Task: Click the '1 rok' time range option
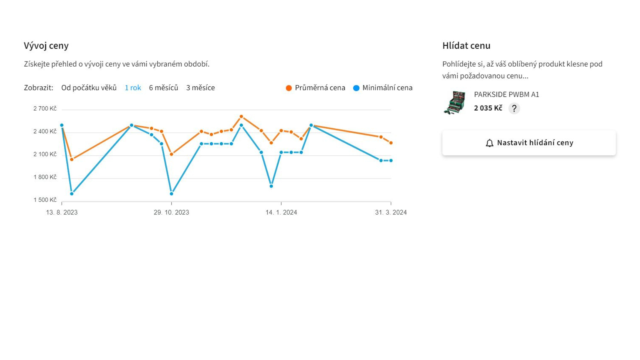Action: (x=133, y=88)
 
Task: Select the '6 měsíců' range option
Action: (x=163, y=88)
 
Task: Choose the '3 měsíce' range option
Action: (x=200, y=88)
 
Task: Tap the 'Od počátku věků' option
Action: (x=89, y=88)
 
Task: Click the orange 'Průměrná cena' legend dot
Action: (x=289, y=88)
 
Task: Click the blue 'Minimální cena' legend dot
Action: (x=356, y=88)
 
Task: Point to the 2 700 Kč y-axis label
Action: (x=45, y=108)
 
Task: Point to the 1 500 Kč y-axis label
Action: (x=45, y=200)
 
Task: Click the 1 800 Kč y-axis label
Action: (x=45, y=177)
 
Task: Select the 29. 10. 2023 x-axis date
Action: (x=171, y=212)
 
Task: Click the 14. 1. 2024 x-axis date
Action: (x=281, y=212)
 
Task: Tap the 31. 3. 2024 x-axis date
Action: (x=391, y=212)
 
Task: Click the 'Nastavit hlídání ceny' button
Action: (x=529, y=143)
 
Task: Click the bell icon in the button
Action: (x=489, y=143)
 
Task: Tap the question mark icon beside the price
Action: (x=514, y=108)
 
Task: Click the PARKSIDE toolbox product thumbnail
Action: (x=455, y=102)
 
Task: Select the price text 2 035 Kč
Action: (x=488, y=108)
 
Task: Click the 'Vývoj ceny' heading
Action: (x=46, y=46)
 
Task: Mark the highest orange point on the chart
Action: (x=241, y=117)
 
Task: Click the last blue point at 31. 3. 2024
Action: (x=391, y=161)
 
